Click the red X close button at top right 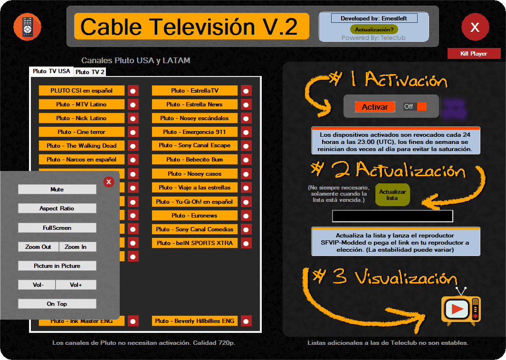pyautogui.click(x=475, y=27)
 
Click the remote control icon pyautogui.click(x=27, y=26)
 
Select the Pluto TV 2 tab pyautogui.click(x=90, y=72)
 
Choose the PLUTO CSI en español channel pyautogui.click(x=82, y=91)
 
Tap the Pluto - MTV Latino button pyautogui.click(x=82, y=104)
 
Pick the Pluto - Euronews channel pyautogui.click(x=194, y=216)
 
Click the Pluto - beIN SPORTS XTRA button pyautogui.click(x=194, y=243)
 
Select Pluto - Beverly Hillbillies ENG pyautogui.click(x=194, y=321)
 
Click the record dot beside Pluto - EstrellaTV pyautogui.click(x=246, y=91)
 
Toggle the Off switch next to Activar pyautogui.click(x=415, y=107)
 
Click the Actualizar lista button pyautogui.click(x=392, y=195)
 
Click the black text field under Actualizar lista pyautogui.click(x=392, y=217)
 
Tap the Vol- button pyautogui.click(x=37, y=285)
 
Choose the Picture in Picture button pyautogui.click(x=57, y=266)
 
